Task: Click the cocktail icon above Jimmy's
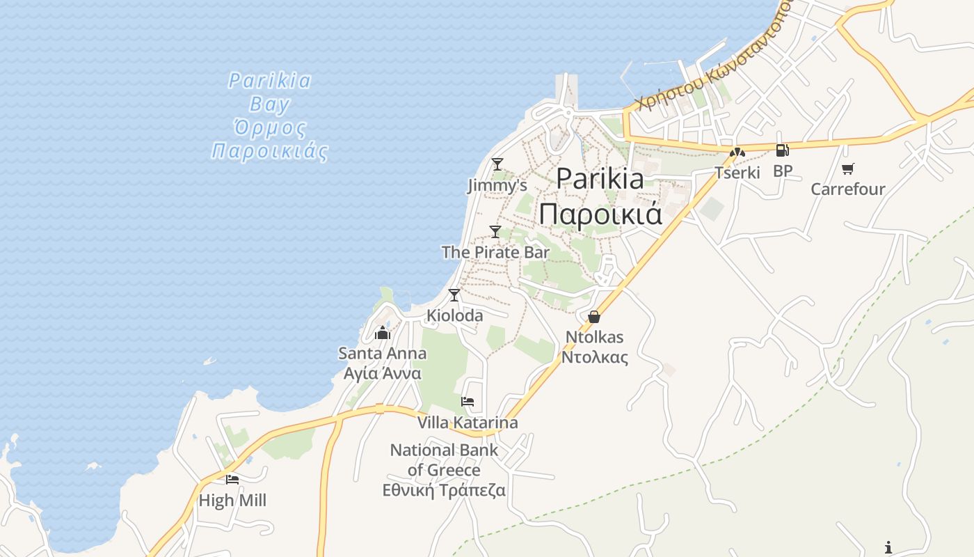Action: click(x=497, y=164)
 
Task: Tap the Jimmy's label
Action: click(x=497, y=186)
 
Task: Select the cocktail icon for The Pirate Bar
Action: click(x=495, y=232)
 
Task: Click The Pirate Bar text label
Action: click(x=495, y=253)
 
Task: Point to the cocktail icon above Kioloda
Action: click(x=454, y=295)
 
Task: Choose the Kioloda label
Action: click(x=454, y=315)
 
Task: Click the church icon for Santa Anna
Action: click(x=383, y=333)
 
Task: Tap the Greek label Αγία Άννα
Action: click(x=383, y=373)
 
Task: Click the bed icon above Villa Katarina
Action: click(x=468, y=402)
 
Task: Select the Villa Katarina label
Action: click(x=468, y=423)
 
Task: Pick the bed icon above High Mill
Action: click(x=232, y=479)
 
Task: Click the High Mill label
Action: click(x=232, y=500)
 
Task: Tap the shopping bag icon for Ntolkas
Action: click(x=594, y=317)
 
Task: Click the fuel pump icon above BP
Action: click(x=782, y=150)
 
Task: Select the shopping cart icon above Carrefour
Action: click(x=847, y=168)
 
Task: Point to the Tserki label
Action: click(x=737, y=172)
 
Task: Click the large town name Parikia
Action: click(x=600, y=179)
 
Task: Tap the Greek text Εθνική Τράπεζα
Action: click(x=444, y=490)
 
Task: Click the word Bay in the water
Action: click(x=269, y=105)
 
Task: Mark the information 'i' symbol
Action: click(x=888, y=547)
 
